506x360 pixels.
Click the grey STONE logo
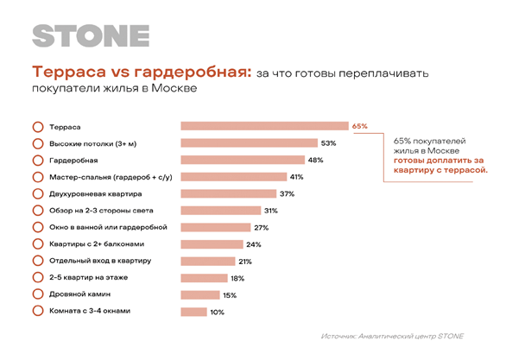click(x=91, y=35)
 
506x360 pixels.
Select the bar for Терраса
click(x=264, y=126)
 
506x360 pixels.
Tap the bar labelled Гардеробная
click(x=243, y=160)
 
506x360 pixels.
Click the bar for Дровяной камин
click(x=200, y=295)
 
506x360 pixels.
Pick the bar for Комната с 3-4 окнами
click(x=193, y=312)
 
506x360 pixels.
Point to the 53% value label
click(x=328, y=143)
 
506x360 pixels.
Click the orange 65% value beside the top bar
click(x=360, y=126)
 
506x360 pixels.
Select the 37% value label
click(x=288, y=194)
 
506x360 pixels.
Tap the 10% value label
click(x=218, y=313)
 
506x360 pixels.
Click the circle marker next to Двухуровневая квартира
click(x=38, y=194)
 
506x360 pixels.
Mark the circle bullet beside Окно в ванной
click(x=38, y=227)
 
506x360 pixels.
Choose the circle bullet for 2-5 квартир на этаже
click(x=38, y=277)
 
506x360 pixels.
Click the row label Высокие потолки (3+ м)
click(x=93, y=144)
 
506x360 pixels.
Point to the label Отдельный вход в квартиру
click(x=100, y=261)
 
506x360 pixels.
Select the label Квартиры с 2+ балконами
click(x=97, y=243)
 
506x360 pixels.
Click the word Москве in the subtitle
click(x=174, y=88)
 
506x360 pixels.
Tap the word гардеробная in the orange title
click(x=193, y=73)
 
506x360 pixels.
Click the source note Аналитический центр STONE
click(x=411, y=336)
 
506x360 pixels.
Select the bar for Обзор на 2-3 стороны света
click(x=221, y=211)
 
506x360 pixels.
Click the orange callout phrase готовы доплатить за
click(x=439, y=161)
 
